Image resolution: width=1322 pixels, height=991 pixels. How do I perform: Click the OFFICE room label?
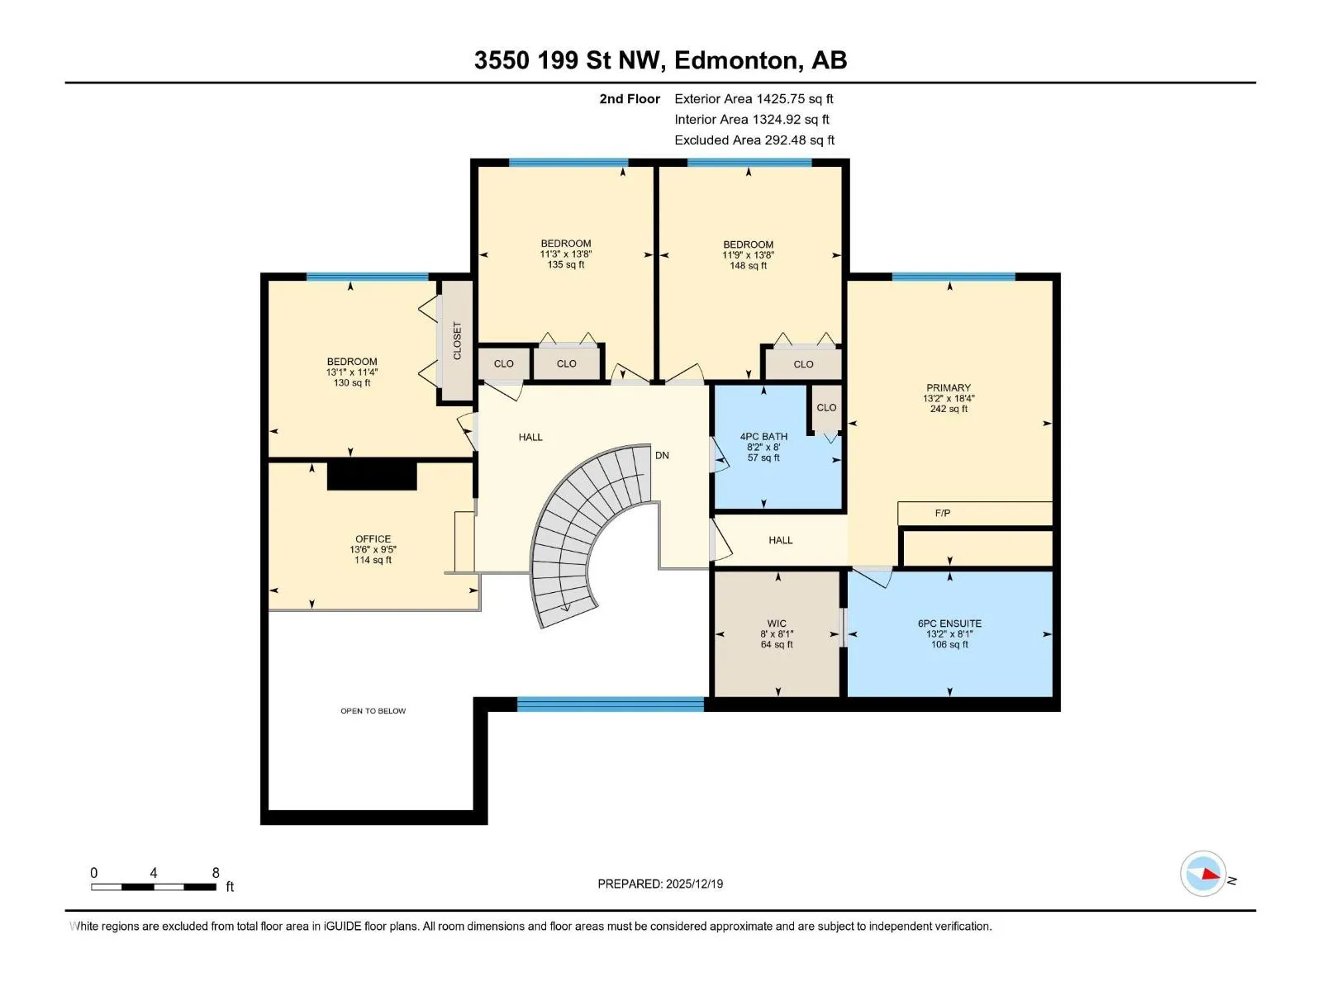coord(373,539)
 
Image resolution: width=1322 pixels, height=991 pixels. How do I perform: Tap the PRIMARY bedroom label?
coord(949,388)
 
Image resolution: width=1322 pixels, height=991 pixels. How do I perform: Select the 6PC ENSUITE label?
coord(950,624)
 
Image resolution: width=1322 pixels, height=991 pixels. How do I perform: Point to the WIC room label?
coord(777,624)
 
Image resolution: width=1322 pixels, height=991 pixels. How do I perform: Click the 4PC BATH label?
coord(763,437)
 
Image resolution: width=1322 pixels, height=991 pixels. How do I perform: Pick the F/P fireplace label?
coord(943,513)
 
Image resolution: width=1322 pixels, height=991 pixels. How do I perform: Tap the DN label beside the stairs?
coord(662,456)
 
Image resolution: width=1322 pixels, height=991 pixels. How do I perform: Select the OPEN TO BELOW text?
coord(373,711)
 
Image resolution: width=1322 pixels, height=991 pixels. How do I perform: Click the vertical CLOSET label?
coord(457,340)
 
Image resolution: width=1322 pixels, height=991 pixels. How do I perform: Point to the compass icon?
coord(1203,874)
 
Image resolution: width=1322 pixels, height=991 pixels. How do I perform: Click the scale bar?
coord(154,887)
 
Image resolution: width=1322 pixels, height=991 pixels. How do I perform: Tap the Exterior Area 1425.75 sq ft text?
coord(754,98)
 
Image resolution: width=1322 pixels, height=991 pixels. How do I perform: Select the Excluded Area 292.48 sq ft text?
coord(754,140)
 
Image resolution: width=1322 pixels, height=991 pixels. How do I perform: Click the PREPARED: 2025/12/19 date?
coord(660,884)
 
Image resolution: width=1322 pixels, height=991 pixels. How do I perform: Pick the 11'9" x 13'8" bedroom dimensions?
coord(748,255)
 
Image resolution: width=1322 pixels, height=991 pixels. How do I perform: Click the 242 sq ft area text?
coord(949,409)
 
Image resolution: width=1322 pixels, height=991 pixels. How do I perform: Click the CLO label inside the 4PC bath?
coord(826,407)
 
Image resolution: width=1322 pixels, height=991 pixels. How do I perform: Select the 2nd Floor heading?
coord(630,98)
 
